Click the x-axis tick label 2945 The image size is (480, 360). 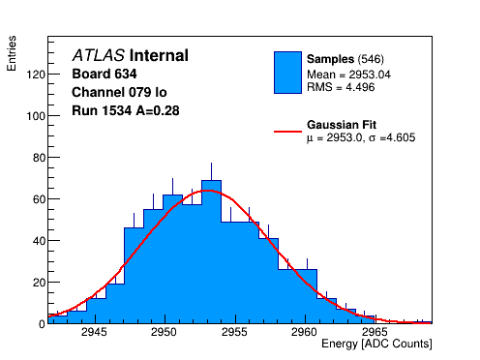(x=94, y=332)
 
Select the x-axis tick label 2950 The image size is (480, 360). (x=164, y=332)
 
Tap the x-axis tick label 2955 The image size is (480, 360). (x=234, y=332)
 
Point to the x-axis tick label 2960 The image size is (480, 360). (x=304, y=332)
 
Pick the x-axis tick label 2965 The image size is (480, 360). (x=375, y=332)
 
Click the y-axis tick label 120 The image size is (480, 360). (x=36, y=75)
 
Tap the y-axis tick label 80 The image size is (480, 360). (x=39, y=158)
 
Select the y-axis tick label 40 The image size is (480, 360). (x=39, y=241)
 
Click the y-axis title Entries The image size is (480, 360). (x=12, y=53)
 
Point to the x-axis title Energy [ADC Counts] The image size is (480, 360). (x=376, y=344)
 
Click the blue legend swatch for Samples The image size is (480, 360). (x=287, y=73)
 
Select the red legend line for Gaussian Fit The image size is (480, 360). (x=287, y=132)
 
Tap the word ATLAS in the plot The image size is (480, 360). (x=99, y=55)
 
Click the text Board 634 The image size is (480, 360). (x=105, y=74)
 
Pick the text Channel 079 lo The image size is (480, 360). (x=119, y=92)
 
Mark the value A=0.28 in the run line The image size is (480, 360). (x=158, y=110)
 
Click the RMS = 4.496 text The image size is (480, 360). (x=341, y=87)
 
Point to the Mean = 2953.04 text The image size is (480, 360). (x=348, y=75)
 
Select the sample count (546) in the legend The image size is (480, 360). (x=371, y=59)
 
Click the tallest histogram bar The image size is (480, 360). (x=211, y=252)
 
